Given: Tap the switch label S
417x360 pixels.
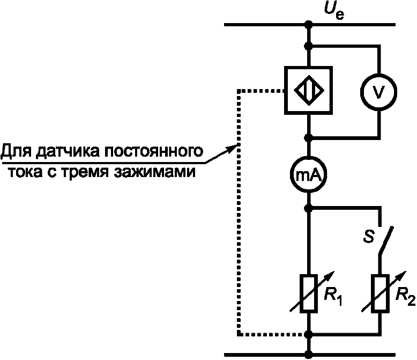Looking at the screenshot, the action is pyautogui.click(x=369, y=236).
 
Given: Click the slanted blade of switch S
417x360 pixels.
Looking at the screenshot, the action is pyautogui.click(x=386, y=241).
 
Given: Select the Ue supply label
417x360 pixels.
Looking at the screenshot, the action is pyautogui.click(x=334, y=11).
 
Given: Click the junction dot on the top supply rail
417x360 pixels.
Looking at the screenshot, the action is pyautogui.click(x=309, y=25).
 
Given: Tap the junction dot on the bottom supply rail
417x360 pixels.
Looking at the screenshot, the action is pyautogui.click(x=309, y=355).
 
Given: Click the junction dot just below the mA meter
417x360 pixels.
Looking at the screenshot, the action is pyautogui.click(x=309, y=208).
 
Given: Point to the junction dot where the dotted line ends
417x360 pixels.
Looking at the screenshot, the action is pyautogui.click(x=309, y=334).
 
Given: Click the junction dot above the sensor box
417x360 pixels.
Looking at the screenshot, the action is pyautogui.click(x=309, y=46).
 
